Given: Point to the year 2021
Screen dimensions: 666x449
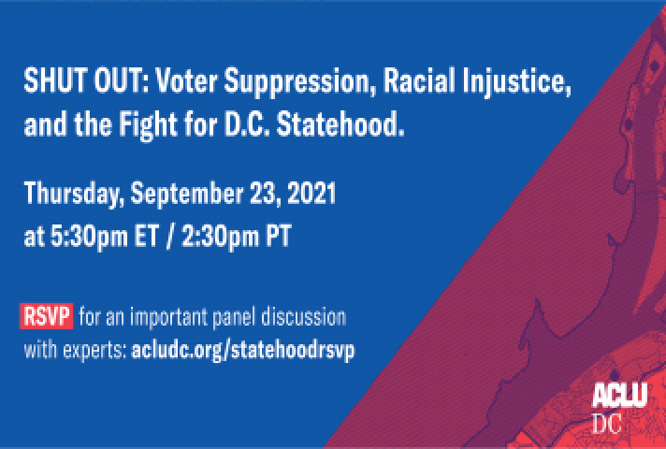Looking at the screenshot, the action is [x=311, y=194].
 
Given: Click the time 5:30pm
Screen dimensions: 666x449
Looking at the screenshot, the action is [x=89, y=237].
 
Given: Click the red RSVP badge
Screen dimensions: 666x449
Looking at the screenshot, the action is [x=46, y=316].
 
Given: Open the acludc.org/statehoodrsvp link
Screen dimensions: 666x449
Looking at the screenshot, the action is [x=243, y=352].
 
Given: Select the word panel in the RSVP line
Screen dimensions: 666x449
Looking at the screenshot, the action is [x=234, y=318].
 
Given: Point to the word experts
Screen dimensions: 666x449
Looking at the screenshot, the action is [x=95, y=352].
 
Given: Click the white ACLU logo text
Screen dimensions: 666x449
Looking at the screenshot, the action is [x=620, y=395].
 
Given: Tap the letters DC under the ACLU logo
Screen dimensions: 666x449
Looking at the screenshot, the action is [x=607, y=424].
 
